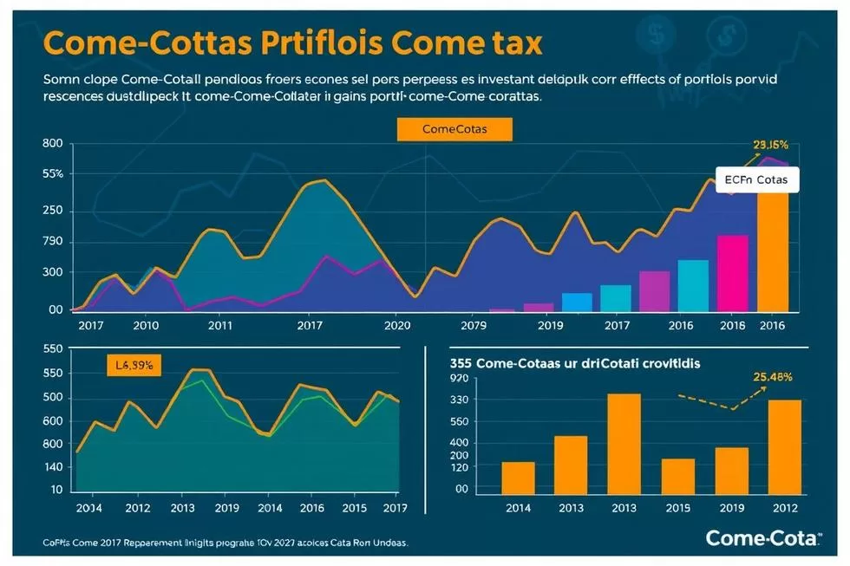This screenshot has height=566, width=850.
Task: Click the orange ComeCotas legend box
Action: point(454,129)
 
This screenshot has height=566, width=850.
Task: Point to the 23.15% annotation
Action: point(770,146)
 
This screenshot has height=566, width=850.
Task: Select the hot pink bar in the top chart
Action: point(732,272)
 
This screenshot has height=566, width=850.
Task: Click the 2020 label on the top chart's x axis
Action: point(396,327)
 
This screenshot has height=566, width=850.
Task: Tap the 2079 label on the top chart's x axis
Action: point(474,327)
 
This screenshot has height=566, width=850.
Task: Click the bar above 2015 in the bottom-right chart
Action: point(677,476)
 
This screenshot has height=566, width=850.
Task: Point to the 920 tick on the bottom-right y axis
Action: point(459,379)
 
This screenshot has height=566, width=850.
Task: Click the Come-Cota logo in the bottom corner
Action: point(762,538)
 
